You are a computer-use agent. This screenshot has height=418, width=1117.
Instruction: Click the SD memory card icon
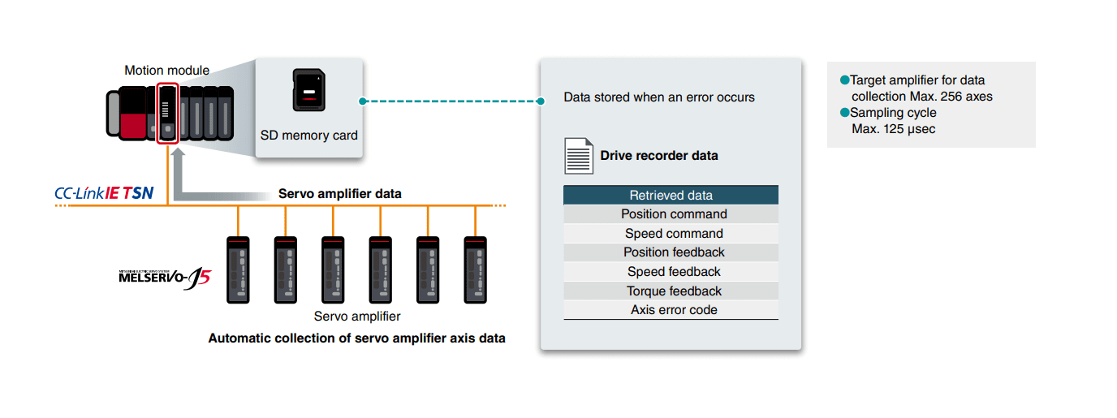click(308, 90)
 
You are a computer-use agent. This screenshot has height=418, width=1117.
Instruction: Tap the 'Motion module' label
click(166, 71)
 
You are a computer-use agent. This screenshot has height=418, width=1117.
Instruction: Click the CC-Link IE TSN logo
click(104, 194)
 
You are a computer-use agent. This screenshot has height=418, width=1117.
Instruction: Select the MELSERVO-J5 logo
click(164, 278)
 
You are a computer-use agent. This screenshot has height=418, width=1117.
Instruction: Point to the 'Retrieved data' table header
click(671, 195)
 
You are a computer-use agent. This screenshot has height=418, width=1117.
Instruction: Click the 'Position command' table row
click(671, 214)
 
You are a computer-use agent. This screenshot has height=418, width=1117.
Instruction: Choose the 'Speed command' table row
click(671, 234)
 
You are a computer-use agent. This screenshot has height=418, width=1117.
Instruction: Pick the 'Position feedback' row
click(671, 252)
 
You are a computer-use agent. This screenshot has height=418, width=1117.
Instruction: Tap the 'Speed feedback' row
click(671, 272)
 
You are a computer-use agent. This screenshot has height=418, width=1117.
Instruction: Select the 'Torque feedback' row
click(671, 291)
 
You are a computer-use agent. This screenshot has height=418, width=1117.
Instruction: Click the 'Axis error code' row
click(671, 310)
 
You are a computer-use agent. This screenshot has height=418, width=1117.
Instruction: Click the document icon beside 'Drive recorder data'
click(578, 155)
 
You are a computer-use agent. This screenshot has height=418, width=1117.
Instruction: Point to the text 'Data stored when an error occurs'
click(659, 97)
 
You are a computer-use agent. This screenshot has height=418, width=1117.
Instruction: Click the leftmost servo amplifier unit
click(238, 270)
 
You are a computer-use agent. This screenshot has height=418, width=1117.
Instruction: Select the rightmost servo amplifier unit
click(475, 270)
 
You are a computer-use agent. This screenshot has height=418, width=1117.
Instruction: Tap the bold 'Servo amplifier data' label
click(339, 194)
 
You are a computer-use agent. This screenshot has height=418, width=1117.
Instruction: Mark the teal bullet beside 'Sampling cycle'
click(844, 113)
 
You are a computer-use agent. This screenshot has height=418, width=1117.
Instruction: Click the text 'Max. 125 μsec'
click(893, 129)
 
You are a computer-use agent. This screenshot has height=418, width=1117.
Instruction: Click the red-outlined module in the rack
click(167, 113)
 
